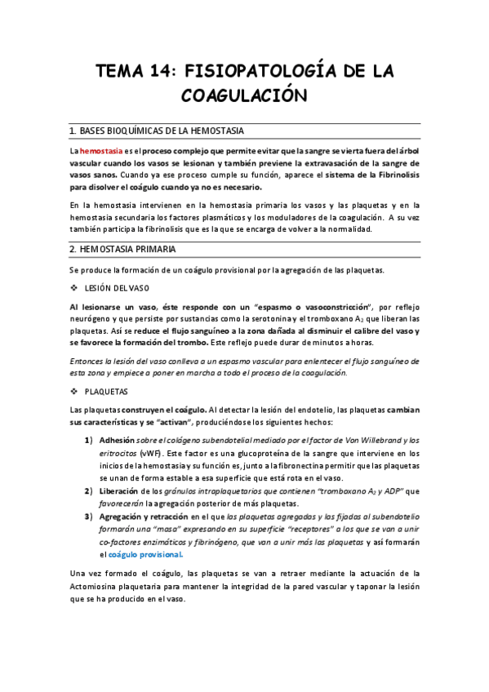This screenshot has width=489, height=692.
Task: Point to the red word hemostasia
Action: coord(101,151)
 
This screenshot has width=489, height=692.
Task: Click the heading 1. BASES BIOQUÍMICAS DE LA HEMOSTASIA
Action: coord(156,131)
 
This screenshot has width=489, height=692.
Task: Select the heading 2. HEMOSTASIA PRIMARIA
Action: coord(122,249)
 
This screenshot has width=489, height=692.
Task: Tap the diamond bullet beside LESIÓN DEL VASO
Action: coord(74,287)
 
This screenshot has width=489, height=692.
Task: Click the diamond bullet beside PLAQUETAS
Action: coord(74,391)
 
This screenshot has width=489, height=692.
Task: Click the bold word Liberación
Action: coord(118,491)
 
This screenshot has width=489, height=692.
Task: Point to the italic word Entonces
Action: coord(90,360)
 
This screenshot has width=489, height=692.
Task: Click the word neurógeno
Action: coord(93,319)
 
